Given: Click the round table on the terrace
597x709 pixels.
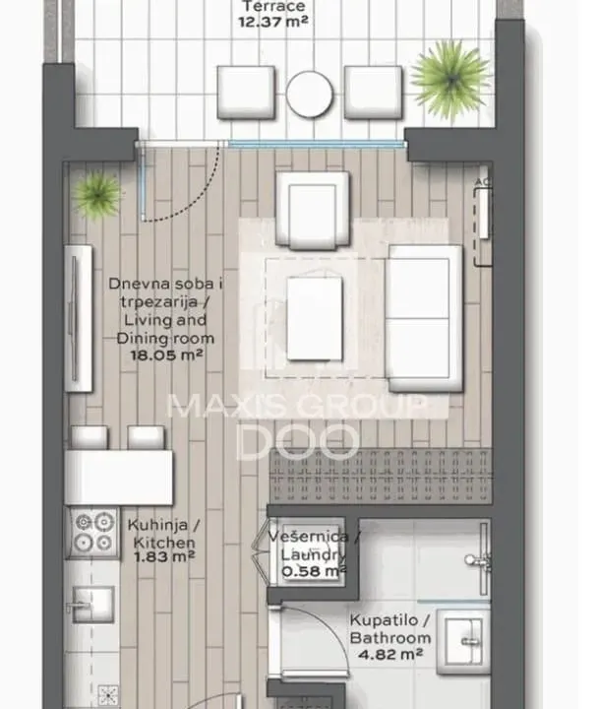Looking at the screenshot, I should [x=313, y=94].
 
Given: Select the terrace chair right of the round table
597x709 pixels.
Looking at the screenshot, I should [x=374, y=94].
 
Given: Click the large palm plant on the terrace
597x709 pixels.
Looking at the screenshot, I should [x=450, y=74].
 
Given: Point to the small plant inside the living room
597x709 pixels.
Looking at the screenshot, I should [x=97, y=193].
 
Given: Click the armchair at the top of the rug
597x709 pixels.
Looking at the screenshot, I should [x=313, y=207].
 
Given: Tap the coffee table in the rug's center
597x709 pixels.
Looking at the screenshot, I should [x=315, y=318].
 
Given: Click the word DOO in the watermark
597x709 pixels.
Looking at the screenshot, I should [x=300, y=441].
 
